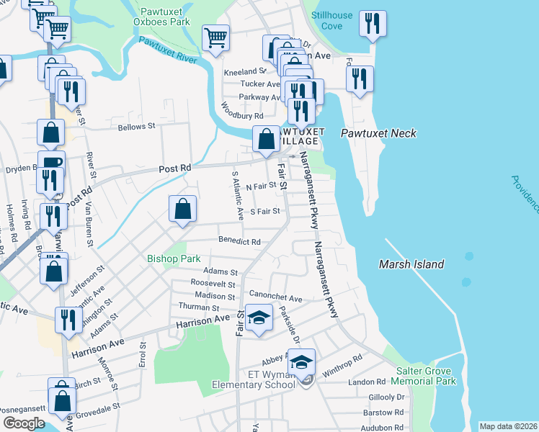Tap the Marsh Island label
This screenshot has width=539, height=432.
(x=411, y=264)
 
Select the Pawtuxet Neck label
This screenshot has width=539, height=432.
(x=378, y=134)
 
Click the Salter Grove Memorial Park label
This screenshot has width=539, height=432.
(x=426, y=375)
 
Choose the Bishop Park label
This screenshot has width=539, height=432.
(x=173, y=258)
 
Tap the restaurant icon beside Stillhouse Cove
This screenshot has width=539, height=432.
(x=373, y=24)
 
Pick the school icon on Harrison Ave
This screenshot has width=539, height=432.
(x=259, y=318)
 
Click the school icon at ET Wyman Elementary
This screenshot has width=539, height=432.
(x=302, y=361)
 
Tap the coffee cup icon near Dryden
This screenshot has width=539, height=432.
(x=51, y=163)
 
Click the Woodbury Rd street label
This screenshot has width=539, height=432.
(x=243, y=115)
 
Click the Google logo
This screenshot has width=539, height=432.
(x=24, y=423)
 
